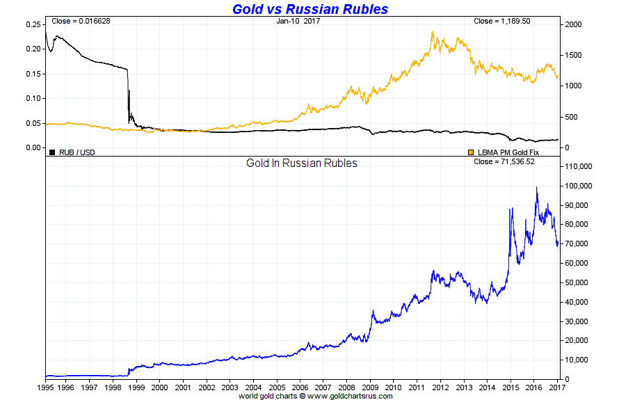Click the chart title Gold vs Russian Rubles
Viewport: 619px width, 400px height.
click(309, 9)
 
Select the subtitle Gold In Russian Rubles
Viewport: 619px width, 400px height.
click(302, 163)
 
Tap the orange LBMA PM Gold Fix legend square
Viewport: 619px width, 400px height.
click(471, 152)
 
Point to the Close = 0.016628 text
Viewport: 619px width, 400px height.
click(80, 21)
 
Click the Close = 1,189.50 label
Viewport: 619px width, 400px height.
click(501, 21)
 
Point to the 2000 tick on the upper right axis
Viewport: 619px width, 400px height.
click(573, 24)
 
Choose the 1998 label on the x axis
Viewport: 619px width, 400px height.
click(113, 387)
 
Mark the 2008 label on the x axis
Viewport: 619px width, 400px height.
click(346, 387)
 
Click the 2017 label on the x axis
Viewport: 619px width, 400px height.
click(556, 387)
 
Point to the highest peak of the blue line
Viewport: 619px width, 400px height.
click(536, 186)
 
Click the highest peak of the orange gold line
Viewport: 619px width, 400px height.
click(433, 31)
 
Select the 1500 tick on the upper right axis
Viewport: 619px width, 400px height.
click(573, 55)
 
